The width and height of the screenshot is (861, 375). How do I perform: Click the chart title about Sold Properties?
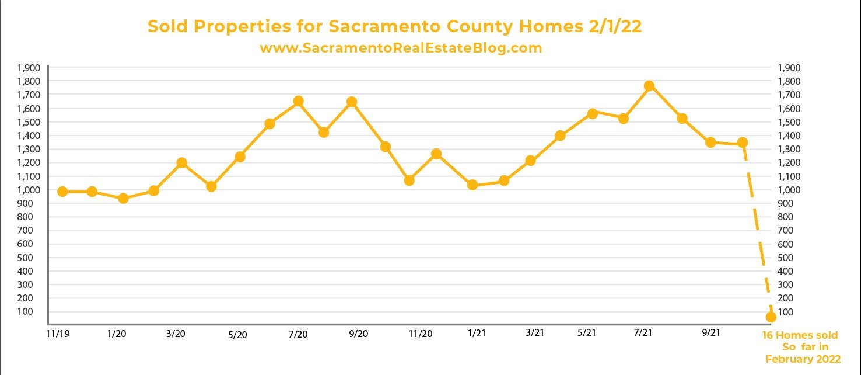(394, 26)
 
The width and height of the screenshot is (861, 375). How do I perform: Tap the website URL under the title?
(401, 48)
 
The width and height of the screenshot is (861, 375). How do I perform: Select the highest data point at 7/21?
(649, 86)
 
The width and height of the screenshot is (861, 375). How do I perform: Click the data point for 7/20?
(298, 101)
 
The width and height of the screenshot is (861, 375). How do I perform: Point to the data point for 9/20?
(352, 102)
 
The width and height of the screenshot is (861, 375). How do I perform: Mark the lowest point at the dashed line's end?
(771, 317)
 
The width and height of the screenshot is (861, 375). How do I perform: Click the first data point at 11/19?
(62, 192)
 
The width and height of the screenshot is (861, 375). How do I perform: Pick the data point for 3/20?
(181, 163)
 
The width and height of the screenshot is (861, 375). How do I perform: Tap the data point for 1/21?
(473, 185)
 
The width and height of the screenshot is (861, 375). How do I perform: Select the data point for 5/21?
(593, 113)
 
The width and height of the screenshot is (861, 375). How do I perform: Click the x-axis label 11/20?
(421, 334)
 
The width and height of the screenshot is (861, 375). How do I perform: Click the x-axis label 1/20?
(117, 333)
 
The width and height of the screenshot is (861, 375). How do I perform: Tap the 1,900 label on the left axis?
(29, 68)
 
